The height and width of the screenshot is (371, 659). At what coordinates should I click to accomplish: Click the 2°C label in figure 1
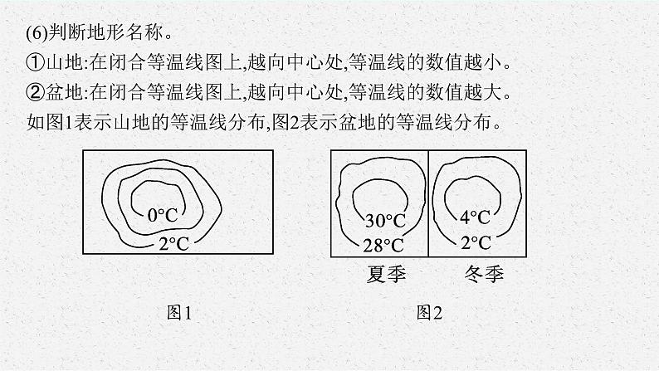click(x=173, y=244)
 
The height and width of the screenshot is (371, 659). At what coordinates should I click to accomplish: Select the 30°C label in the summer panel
click(x=385, y=222)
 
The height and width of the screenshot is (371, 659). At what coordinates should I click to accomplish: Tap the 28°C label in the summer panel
click(x=383, y=245)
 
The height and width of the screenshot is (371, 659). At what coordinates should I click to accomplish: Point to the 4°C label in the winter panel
click(x=475, y=217)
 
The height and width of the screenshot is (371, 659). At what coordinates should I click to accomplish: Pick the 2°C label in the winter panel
click(x=475, y=242)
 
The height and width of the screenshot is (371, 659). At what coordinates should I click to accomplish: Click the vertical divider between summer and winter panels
click(x=429, y=203)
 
